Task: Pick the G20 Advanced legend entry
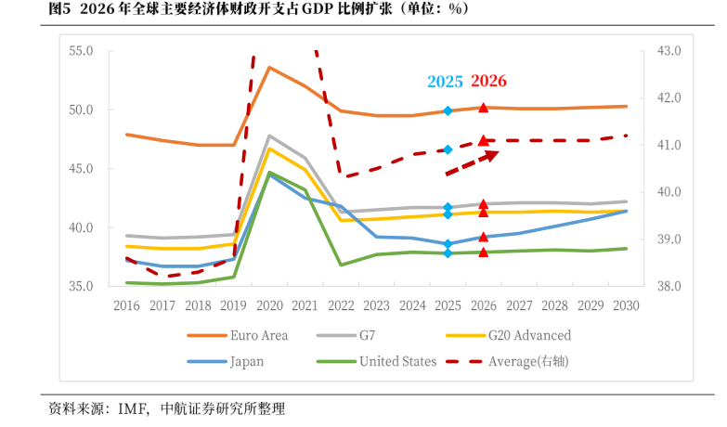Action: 528,335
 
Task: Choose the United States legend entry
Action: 397,361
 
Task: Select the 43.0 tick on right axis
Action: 669,51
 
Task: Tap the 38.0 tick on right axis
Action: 669,286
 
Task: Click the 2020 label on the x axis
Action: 269,304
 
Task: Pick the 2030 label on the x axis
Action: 626,304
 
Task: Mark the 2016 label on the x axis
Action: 126,304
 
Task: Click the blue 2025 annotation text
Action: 445,82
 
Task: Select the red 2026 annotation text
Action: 488,81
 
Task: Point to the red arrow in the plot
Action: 473,163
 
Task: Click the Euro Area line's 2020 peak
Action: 269,67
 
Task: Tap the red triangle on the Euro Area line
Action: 484,108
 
